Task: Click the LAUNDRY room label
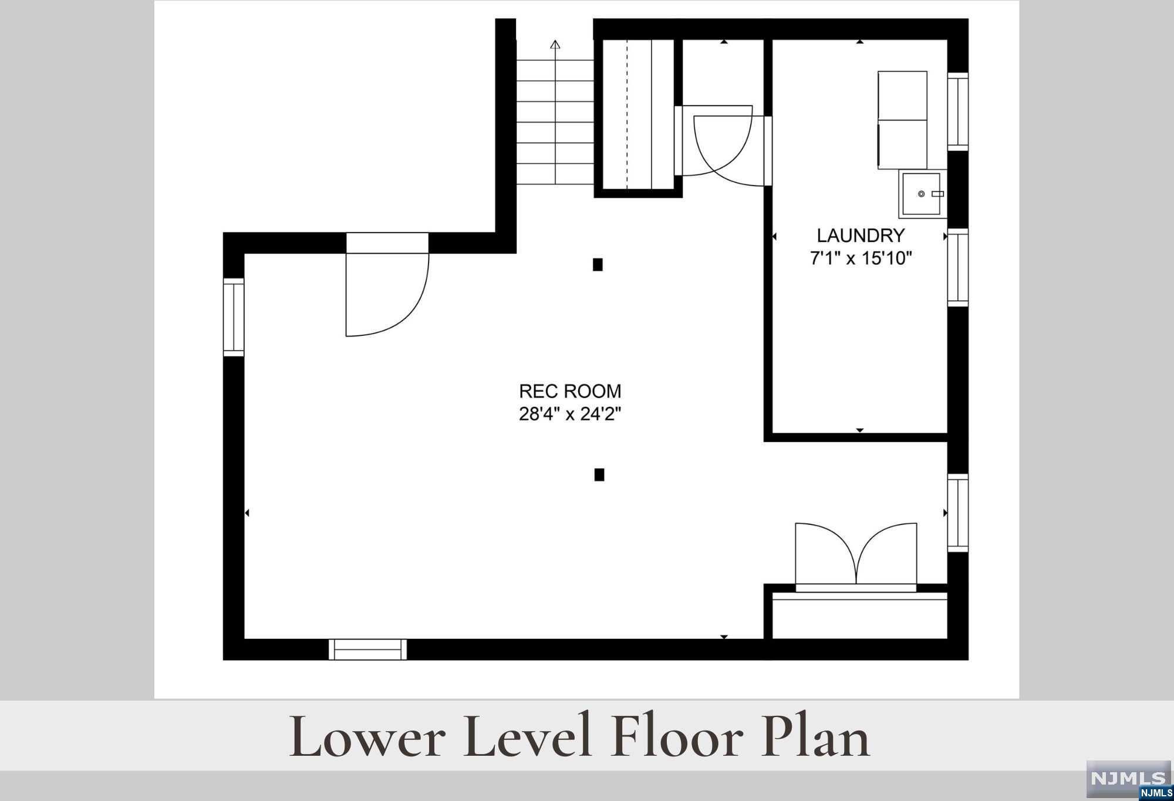(861, 235)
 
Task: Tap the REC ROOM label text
(570, 391)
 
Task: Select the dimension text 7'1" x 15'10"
(861, 258)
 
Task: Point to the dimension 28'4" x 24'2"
(570, 414)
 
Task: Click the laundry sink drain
(921, 194)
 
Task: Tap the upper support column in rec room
(598, 265)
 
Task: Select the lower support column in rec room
(599, 474)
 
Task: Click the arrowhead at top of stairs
(555, 44)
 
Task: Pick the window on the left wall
(233, 317)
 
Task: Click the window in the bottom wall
(367, 649)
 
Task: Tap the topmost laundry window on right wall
(958, 112)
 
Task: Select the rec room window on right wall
(958, 513)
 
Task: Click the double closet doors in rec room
(856, 557)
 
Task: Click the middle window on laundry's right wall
(958, 267)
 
